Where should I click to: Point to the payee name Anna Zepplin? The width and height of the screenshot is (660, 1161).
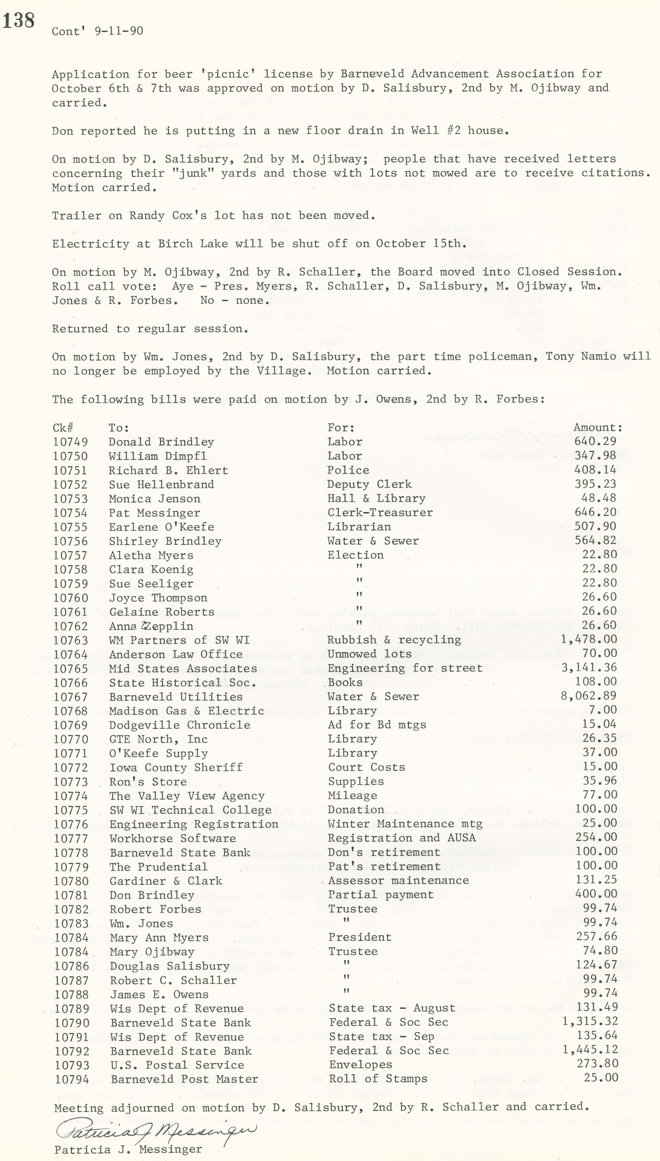tap(151, 626)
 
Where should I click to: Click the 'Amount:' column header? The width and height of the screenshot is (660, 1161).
tap(598, 428)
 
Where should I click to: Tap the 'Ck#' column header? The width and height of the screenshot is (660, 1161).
tap(63, 428)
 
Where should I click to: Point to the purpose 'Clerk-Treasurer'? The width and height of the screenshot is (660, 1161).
tap(380, 512)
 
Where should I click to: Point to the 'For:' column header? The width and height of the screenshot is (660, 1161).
tap(341, 428)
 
